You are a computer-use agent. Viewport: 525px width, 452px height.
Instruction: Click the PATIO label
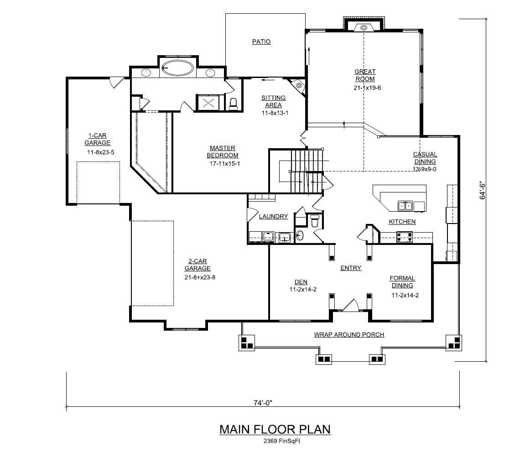tap(261, 42)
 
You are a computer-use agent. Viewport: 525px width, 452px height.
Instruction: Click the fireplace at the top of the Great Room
tap(364, 27)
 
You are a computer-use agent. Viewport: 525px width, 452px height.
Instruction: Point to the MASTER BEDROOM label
tap(223, 152)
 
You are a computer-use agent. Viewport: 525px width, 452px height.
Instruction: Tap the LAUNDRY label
tap(273, 217)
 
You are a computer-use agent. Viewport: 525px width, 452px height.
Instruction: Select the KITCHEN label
tap(402, 222)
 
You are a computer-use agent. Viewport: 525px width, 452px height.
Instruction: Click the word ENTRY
tap(351, 268)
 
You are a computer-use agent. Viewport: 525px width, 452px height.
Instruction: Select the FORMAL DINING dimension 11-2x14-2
tap(405, 295)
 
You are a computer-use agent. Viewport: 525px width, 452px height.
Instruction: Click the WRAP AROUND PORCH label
tap(349, 335)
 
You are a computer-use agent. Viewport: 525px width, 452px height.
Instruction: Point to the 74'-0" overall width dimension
tap(263, 403)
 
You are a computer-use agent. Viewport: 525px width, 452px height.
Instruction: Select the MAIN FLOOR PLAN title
tap(275, 429)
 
